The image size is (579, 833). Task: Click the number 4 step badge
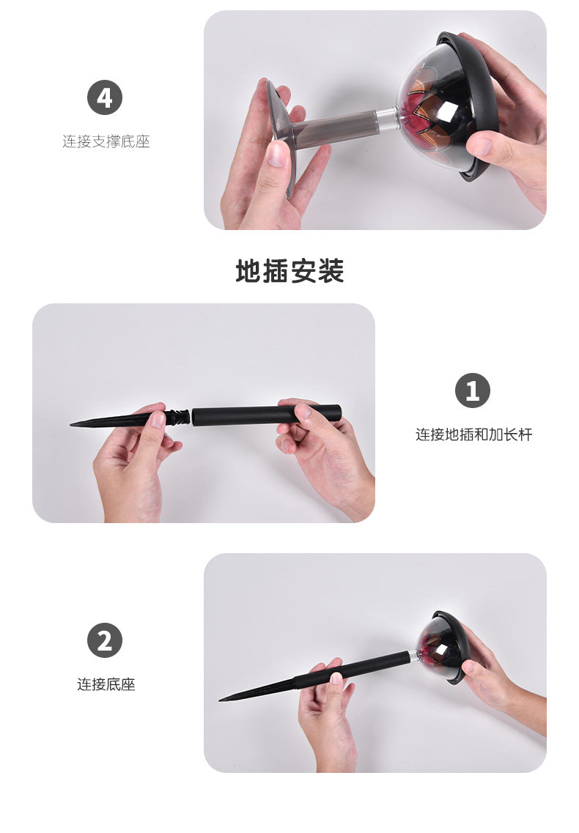(105, 97)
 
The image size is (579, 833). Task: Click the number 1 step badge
(473, 390)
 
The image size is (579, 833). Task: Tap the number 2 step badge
(105, 640)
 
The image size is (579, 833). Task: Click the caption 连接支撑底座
(106, 141)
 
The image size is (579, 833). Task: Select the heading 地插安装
(289, 271)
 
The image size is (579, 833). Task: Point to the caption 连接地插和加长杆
(473, 434)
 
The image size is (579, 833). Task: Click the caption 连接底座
(106, 684)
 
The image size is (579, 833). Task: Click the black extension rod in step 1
(266, 415)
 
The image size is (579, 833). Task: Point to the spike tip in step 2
(221, 700)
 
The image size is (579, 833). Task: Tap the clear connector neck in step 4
(387, 119)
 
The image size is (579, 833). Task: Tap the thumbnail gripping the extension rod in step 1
(303, 411)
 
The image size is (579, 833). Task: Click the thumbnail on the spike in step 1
(158, 421)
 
